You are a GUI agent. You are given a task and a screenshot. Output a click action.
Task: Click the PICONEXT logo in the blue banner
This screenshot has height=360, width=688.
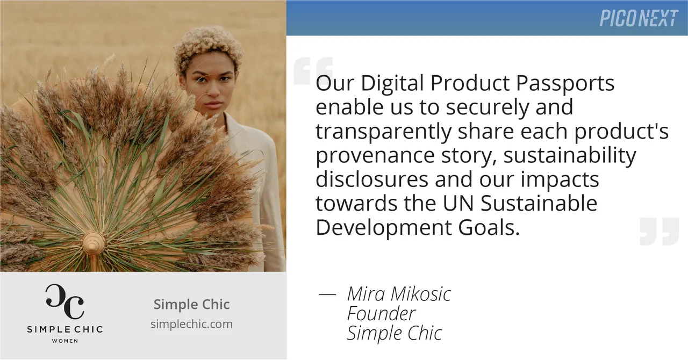point(638,18)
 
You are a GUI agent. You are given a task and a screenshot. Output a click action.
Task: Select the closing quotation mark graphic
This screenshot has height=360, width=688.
point(659,232)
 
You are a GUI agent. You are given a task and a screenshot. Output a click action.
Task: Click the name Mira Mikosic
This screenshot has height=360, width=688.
point(399,294)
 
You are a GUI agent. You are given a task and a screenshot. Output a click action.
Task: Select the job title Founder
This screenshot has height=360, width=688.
point(381,313)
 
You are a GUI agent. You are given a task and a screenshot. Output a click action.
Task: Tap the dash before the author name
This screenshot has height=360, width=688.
point(327,294)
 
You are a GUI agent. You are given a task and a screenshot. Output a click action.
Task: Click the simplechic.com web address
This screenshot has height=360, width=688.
point(191,324)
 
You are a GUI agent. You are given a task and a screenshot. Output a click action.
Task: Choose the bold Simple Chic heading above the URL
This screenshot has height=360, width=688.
point(191,305)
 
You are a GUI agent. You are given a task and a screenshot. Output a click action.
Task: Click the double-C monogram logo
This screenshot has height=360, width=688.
point(64,302)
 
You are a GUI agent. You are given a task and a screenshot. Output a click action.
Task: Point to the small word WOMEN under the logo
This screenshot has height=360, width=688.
point(64,341)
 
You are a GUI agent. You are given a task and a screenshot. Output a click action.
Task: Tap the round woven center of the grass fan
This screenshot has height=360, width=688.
point(93,243)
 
